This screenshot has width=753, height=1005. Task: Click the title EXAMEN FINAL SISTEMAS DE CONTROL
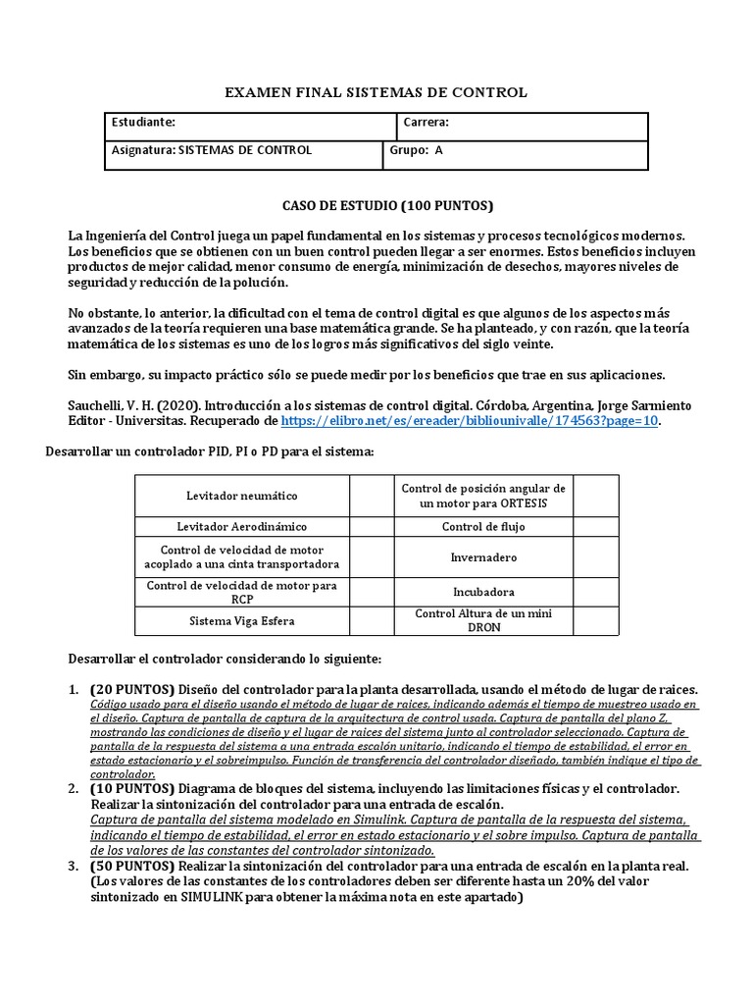tap(376, 92)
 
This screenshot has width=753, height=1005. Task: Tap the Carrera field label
tap(426, 123)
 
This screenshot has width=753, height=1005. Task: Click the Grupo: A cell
tap(417, 151)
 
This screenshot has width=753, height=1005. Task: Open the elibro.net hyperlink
tap(470, 420)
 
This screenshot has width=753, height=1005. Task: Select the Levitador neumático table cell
tap(242, 497)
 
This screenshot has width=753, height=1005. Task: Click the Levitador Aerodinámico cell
tap(242, 527)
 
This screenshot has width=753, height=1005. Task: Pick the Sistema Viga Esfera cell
tap(242, 621)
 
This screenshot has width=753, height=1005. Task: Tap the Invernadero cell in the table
tap(483, 557)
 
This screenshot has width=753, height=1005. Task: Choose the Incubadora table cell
tap(483, 593)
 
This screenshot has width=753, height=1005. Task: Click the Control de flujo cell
tap(483, 527)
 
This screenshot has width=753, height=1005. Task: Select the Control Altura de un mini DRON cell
tap(483, 620)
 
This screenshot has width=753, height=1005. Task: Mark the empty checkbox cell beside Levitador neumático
tap(372, 497)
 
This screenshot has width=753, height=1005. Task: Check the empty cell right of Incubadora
tap(596, 593)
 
